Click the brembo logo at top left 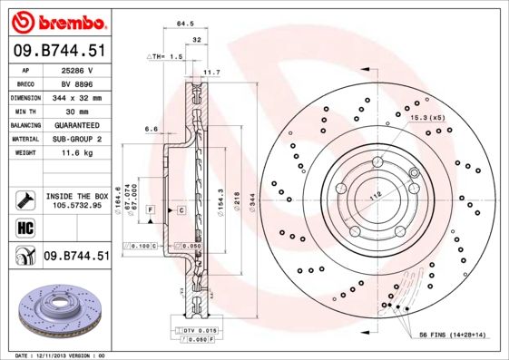58,21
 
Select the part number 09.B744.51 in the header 59,51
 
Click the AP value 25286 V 84,70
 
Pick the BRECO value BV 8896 84,83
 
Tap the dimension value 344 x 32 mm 84,97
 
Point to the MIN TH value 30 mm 84,111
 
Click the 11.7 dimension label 211,72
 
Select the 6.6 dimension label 152,129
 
